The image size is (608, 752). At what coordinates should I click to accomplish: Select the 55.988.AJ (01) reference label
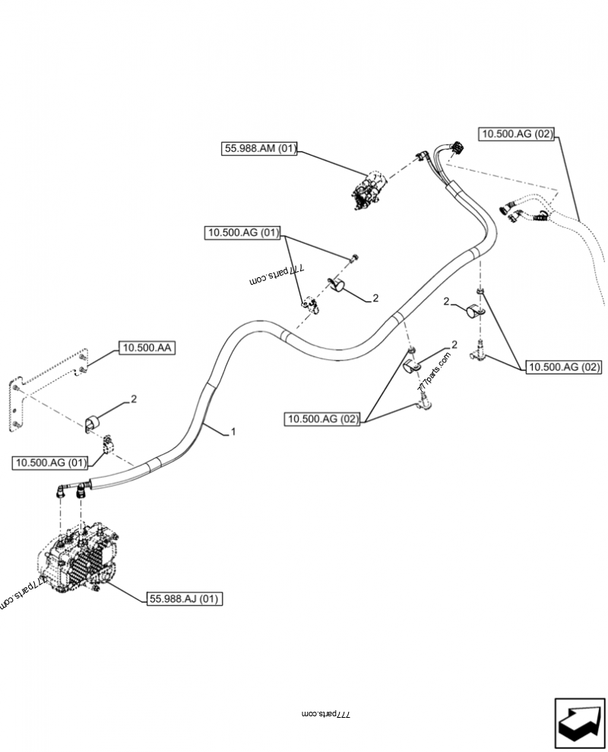pyautogui.click(x=184, y=599)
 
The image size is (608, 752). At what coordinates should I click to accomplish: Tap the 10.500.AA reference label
pyautogui.click(x=146, y=349)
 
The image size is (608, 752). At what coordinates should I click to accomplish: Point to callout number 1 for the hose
pyautogui.click(x=233, y=431)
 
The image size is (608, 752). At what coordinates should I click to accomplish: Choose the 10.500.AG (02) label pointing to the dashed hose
pyautogui.click(x=517, y=134)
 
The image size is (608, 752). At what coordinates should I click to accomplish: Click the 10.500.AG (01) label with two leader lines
pyautogui.click(x=242, y=233)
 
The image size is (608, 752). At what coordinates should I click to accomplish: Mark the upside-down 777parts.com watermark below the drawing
pyautogui.click(x=325, y=714)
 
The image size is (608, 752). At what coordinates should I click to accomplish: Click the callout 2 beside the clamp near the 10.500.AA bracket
pyautogui.click(x=134, y=398)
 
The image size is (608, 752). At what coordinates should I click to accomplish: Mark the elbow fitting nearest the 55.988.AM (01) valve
pyautogui.click(x=420, y=156)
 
